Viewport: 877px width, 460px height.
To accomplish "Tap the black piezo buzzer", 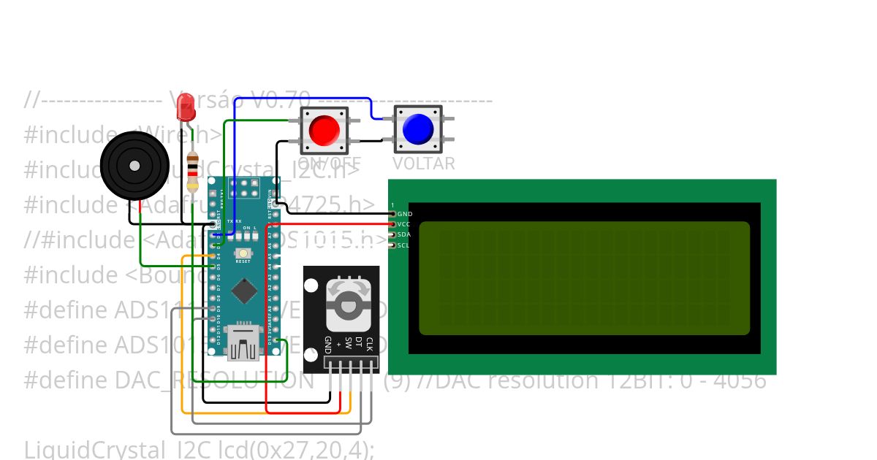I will point(134,166).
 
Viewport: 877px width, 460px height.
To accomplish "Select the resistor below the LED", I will point(192,170).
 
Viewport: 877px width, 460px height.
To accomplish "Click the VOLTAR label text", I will point(424,164).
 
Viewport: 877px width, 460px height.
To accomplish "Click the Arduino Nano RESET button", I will point(243,253).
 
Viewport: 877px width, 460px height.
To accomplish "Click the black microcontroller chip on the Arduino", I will point(243,292).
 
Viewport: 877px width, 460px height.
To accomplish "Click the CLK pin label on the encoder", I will point(370,344).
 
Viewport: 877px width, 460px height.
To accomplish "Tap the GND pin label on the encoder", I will point(328,345).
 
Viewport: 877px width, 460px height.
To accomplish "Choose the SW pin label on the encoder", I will point(349,342).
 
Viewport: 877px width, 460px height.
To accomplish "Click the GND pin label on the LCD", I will point(404,214).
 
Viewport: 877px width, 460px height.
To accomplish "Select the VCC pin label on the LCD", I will point(404,224).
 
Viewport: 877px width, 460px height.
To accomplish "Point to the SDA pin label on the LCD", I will point(404,234).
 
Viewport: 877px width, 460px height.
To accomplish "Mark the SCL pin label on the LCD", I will point(404,245).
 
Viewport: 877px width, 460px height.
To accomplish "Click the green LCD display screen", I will point(584,278).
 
